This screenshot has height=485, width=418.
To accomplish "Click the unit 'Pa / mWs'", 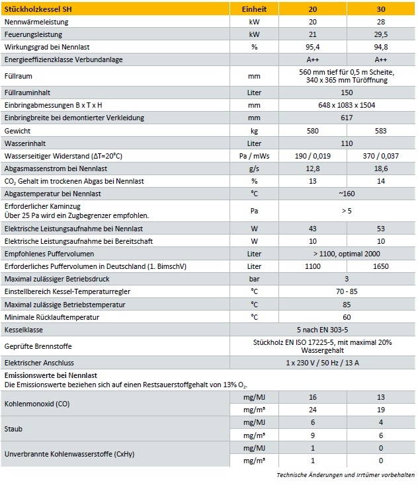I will [x=255, y=156].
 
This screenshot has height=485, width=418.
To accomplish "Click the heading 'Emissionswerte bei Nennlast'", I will [x=42, y=375].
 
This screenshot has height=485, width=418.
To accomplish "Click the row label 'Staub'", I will [x=13, y=429].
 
